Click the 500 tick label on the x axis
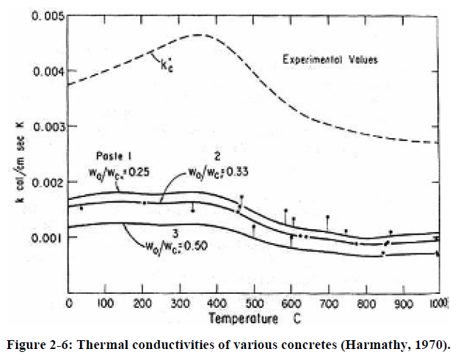coord(253,303)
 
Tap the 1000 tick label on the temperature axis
coord(440,303)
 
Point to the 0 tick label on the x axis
coord(68,303)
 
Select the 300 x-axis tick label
coord(179,303)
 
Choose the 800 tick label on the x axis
coord(364,303)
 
